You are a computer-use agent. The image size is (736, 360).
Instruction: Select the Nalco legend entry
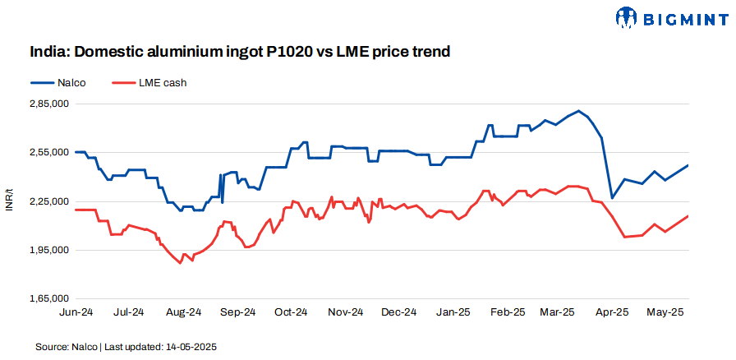(57, 82)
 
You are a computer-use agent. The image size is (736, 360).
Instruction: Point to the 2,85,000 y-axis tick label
(48, 104)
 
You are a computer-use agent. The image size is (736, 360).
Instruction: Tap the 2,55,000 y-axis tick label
(48, 153)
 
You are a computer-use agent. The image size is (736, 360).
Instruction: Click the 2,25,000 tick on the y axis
(48, 201)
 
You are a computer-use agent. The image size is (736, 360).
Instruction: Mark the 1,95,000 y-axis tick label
(48, 250)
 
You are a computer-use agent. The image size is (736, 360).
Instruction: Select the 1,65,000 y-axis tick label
(48, 298)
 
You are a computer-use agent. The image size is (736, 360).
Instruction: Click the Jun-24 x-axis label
(76, 312)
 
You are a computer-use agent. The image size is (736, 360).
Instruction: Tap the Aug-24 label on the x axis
(184, 312)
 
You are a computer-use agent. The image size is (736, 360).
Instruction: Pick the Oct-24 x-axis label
(292, 312)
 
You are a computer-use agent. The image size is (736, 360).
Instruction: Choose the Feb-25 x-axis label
(508, 312)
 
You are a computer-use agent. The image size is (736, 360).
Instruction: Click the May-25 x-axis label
(667, 312)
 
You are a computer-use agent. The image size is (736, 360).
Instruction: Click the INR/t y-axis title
(10, 201)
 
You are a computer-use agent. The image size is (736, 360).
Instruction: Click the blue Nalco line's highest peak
(579, 110)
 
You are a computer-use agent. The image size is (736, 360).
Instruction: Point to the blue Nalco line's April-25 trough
(611, 198)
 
